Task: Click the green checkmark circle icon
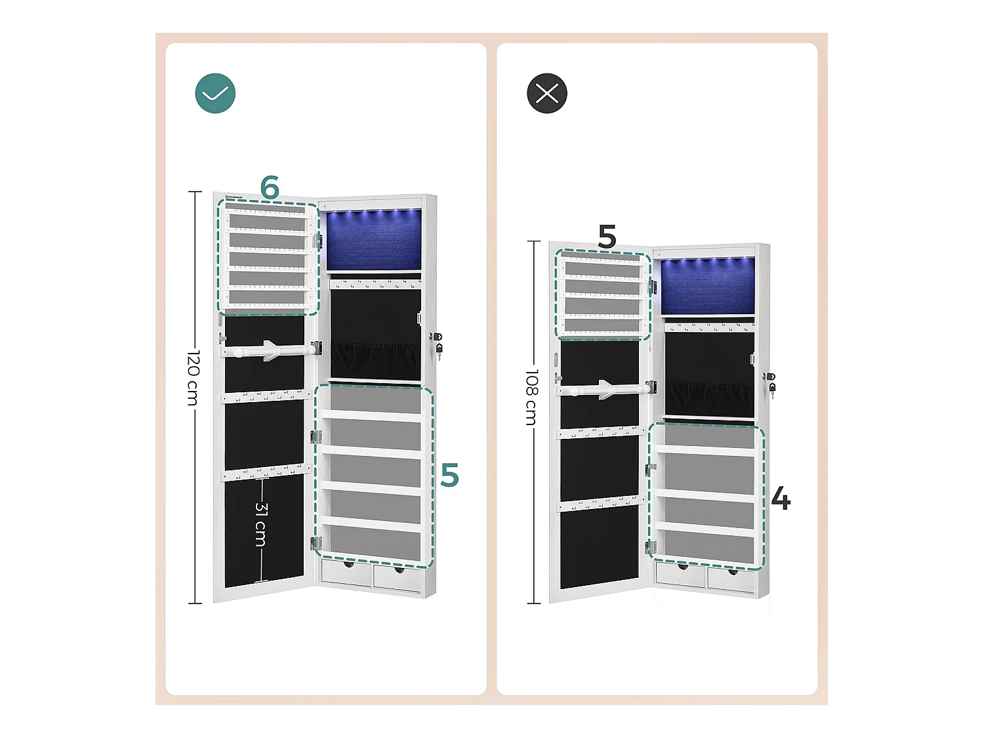click(215, 93)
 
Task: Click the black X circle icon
click(546, 93)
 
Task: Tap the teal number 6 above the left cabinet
click(270, 188)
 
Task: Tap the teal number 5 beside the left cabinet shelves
click(449, 475)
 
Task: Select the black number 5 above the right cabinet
click(607, 236)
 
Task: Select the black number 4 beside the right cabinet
click(780, 499)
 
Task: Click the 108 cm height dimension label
click(531, 396)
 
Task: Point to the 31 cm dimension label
click(261, 524)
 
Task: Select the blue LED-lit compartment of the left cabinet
click(373, 240)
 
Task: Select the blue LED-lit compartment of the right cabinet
click(707, 286)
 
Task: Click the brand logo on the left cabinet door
click(234, 196)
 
